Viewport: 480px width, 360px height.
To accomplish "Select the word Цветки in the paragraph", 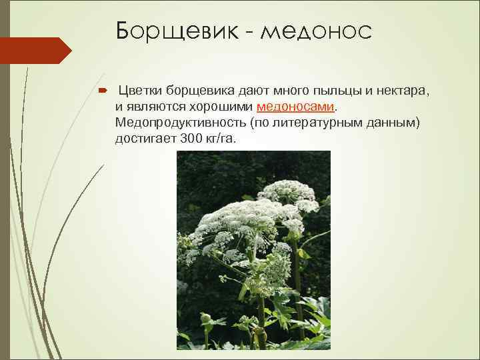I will click(x=140, y=91).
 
